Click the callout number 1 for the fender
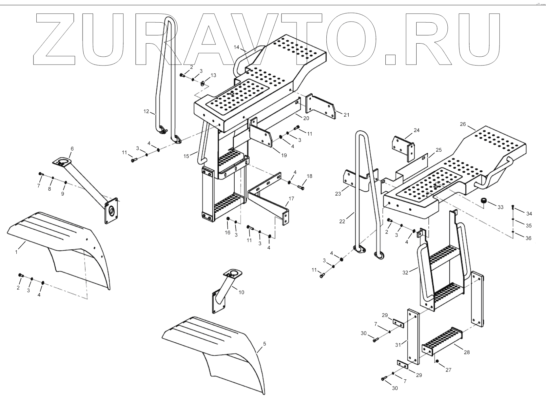click(x=16, y=252)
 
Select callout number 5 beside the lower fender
click(x=264, y=344)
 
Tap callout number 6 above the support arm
click(x=72, y=149)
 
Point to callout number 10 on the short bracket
click(x=241, y=292)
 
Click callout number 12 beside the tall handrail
click(x=146, y=111)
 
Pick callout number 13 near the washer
click(x=213, y=75)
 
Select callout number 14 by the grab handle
click(x=236, y=47)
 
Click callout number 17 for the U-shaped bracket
click(x=291, y=199)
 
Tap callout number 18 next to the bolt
click(x=309, y=176)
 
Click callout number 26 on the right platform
click(x=463, y=124)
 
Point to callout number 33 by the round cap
click(x=500, y=207)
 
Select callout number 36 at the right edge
click(x=528, y=238)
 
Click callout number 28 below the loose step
click(x=467, y=352)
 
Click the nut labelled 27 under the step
click(x=437, y=361)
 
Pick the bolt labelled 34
click(x=513, y=207)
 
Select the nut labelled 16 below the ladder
click(x=228, y=219)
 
